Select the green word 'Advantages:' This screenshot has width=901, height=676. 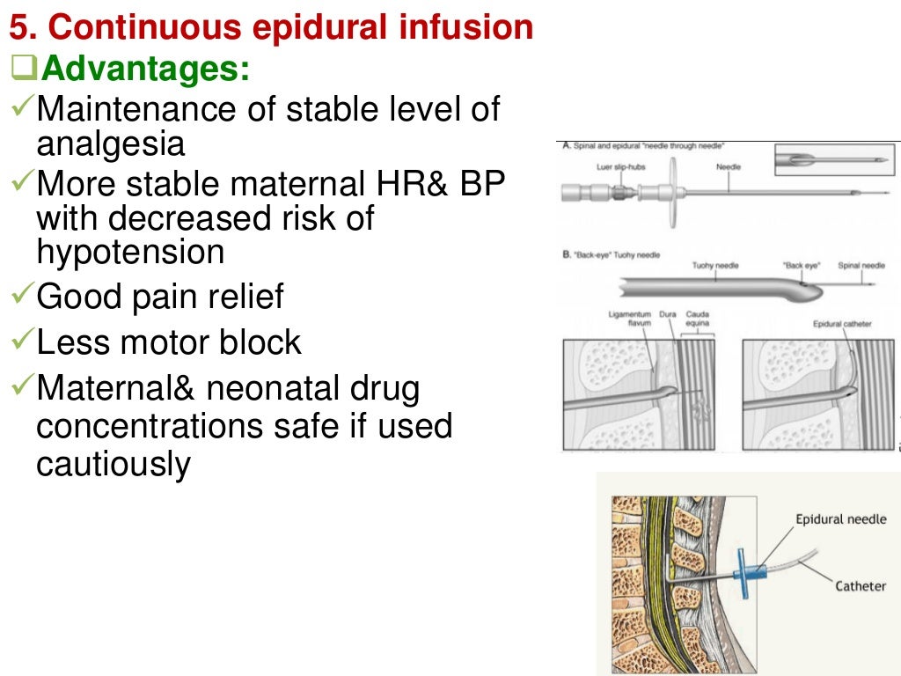click(x=144, y=69)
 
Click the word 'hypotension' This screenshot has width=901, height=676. click(x=130, y=252)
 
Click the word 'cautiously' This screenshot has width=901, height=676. click(x=113, y=464)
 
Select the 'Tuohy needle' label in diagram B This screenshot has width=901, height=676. click(x=714, y=265)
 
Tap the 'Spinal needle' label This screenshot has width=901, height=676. click(x=861, y=265)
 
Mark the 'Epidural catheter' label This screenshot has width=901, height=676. click(x=842, y=324)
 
